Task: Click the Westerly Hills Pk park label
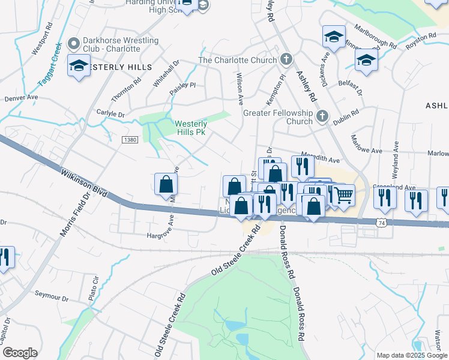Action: click(x=192, y=128)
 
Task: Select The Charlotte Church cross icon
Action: click(x=287, y=60)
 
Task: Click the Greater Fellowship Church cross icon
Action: click(x=322, y=116)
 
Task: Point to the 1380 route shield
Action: click(x=129, y=139)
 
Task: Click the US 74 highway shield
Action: click(x=381, y=222)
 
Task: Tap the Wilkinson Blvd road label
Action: click(x=84, y=183)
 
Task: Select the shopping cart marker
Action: click(x=343, y=196)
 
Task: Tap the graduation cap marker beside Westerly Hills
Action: click(x=79, y=66)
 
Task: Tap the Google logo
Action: click(x=20, y=352)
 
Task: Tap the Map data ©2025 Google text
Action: click(x=411, y=355)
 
